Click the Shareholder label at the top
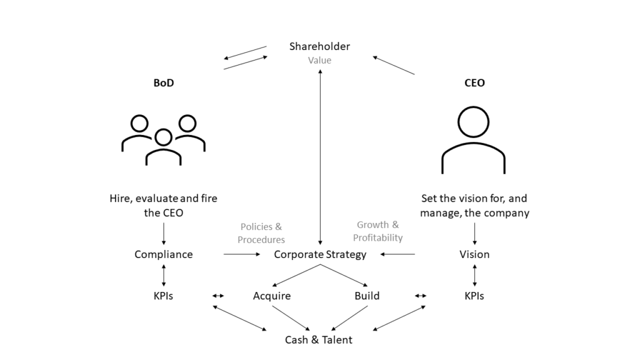(x=319, y=46)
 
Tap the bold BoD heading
(x=163, y=82)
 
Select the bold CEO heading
(x=474, y=82)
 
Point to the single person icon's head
(x=473, y=122)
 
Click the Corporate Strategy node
(x=320, y=254)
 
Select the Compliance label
(x=163, y=254)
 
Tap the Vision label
(x=474, y=254)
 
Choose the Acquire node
(x=272, y=296)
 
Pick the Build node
(x=367, y=296)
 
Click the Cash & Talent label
(x=319, y=340)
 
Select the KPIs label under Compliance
(x=163, y=296)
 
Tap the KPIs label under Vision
(x=474, y=296)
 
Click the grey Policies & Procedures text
(x=261, y=232)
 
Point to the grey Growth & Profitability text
(x=378, y=231)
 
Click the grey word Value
(x=319, y=61)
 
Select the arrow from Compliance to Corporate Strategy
(x=241, y=254)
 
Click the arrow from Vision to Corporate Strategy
(x=398, y=254)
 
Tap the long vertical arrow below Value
(x=320, y=156)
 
